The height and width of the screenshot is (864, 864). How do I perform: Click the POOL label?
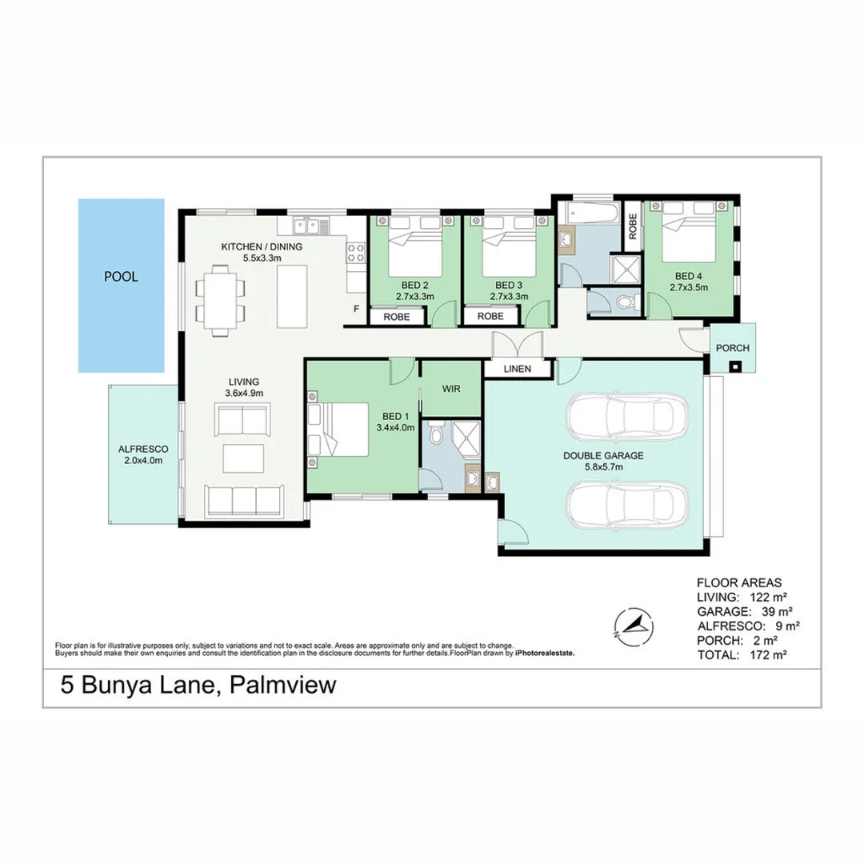point(121,278)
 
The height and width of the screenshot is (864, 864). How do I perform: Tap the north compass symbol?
point(632,625)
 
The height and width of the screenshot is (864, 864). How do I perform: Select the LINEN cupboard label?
point(519,369)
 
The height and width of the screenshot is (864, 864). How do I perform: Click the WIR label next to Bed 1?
point(450,388)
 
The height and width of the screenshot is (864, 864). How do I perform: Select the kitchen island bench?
point(292,296)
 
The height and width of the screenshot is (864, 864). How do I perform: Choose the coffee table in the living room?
point(242,458)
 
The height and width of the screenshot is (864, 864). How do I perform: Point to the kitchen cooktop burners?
point(356,254)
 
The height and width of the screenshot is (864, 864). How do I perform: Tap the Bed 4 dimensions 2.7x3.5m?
point(688,287)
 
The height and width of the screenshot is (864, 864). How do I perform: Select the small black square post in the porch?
point(734,367)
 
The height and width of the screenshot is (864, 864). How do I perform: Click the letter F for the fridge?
point(356,308)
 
